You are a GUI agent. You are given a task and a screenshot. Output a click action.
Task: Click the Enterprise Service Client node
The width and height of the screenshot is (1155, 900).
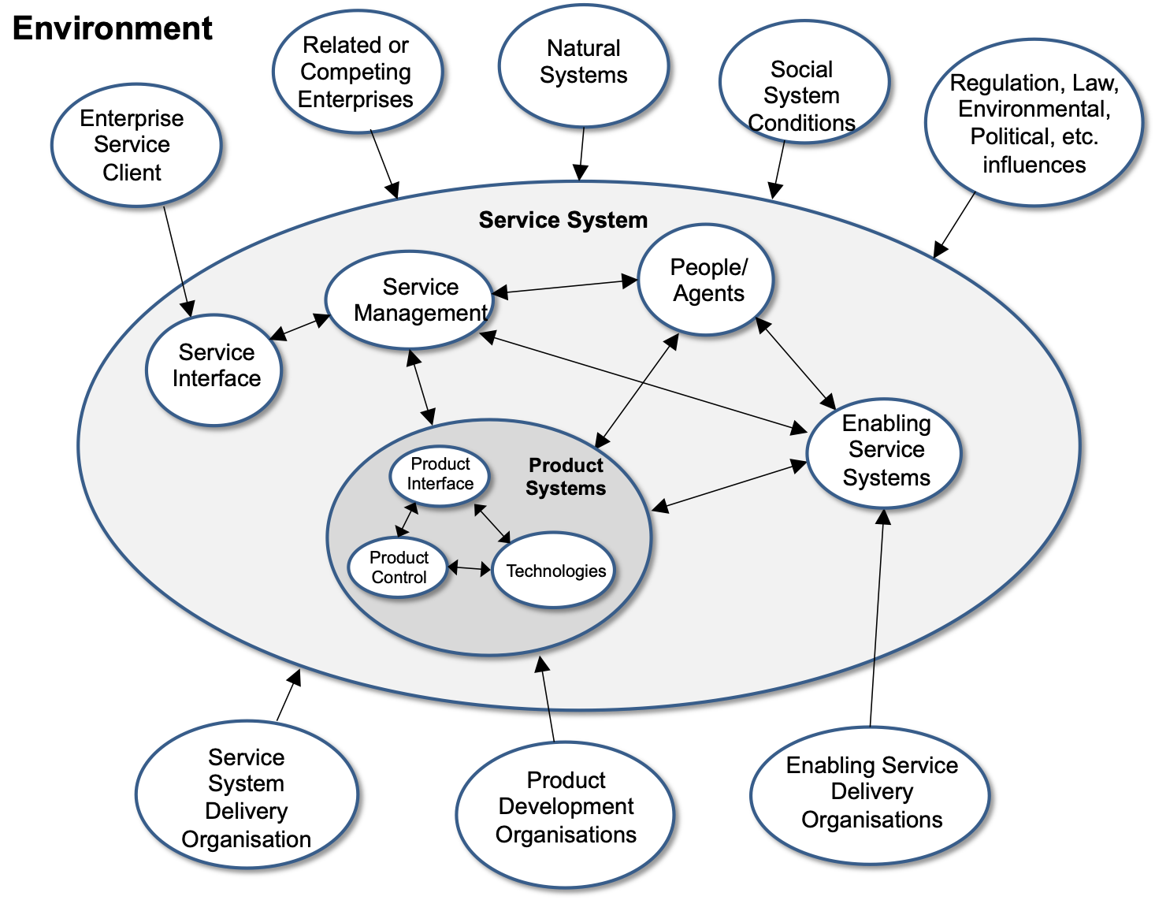click(136, 145)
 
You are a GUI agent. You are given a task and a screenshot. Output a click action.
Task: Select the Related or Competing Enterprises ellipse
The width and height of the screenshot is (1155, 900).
click(357, 72)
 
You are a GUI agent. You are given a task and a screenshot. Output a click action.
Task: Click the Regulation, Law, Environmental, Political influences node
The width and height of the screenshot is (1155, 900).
click(1033, 123)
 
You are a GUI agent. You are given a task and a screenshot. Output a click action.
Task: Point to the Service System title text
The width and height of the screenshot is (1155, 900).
click(563, 220)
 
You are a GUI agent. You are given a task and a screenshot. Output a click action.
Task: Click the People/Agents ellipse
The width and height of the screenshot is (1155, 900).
click(707, 280)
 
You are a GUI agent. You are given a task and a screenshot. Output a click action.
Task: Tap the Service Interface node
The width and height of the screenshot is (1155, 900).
click(214, 369)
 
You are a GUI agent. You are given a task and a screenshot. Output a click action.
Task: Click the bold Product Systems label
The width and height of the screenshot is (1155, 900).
click(566, 477)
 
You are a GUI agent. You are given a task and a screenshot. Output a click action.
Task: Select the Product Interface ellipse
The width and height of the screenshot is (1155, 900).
click(440, 475)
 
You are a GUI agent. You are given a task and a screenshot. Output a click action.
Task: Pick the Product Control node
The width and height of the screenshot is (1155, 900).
click(398, 567)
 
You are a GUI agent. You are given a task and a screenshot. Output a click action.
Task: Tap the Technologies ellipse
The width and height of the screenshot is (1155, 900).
click(554, 571)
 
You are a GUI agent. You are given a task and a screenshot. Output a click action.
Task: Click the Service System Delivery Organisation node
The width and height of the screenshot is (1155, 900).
click(246, 796)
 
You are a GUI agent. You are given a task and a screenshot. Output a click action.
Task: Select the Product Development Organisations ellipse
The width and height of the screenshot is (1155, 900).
click(565, 809)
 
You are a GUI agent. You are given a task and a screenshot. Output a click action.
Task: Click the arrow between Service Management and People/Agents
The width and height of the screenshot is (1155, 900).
click(565, 287)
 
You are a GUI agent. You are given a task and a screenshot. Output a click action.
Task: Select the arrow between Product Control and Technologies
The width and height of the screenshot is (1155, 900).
click(469, 567)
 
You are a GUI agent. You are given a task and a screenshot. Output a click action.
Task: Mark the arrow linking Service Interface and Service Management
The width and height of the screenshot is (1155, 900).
click(300, 327)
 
